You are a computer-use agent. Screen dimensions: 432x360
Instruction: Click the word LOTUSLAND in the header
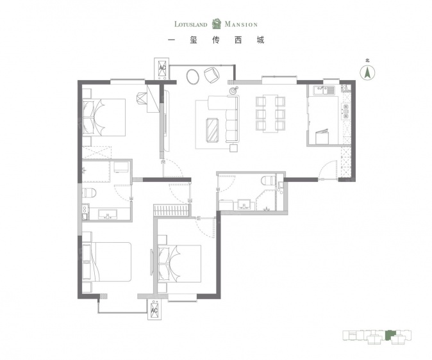point(190,24)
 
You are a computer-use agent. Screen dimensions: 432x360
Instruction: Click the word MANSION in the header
point(241,24)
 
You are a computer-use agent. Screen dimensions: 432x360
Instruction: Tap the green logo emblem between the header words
point(217,24)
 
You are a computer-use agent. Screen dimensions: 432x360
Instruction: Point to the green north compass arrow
point(367,73)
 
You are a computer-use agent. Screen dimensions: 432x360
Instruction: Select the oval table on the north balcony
point(193,76)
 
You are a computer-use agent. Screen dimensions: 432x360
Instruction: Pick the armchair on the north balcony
point(212,75)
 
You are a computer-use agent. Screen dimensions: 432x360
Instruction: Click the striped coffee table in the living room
point(212,130)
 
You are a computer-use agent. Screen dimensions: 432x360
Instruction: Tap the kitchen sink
point(324,90)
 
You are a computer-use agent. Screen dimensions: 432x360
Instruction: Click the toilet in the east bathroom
point(267,181)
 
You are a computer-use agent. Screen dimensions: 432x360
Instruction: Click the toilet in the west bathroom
point(88,193)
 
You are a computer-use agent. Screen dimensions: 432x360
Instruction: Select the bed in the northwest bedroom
point(104,117)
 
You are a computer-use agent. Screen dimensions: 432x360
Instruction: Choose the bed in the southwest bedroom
point(106,261)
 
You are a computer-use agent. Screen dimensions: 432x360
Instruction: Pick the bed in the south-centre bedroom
point(179,264)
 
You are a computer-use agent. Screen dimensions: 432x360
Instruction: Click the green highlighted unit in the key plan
point(390,334)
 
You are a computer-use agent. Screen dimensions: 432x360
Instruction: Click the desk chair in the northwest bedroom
point(142,98)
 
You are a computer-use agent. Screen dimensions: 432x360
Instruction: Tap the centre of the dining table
point(270,113)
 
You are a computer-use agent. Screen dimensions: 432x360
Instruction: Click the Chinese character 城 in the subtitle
point(260,40)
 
